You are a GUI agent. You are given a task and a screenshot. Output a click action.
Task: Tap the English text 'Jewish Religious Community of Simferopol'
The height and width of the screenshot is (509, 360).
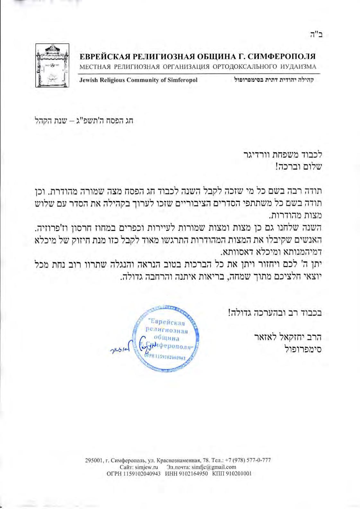click(x=138, y=80)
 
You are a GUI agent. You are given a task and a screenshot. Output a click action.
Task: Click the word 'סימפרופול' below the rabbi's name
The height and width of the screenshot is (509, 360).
click(x=303, y=349)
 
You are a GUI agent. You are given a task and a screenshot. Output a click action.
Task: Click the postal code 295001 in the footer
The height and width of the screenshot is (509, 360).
click(x=92, y=460)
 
